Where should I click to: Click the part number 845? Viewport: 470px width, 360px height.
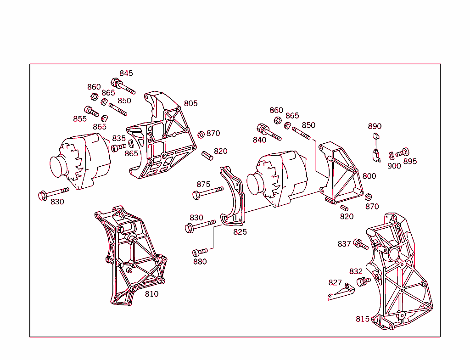point(126,73)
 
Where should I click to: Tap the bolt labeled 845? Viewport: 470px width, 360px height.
point(123,86)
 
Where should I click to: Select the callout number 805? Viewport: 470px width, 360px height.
point(190,103)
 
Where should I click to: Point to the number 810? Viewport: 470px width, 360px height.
point(151,294)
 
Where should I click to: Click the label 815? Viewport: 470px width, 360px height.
point(363,319)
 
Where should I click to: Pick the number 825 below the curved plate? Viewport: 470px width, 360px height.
point(240,232)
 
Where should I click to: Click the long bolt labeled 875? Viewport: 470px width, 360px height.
point(208,192)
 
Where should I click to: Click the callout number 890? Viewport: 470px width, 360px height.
point(375,126)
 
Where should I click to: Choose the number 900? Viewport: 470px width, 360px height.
point(394,166)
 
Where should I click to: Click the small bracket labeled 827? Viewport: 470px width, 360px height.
point(341,292)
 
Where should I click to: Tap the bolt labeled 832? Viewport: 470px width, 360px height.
point(364,281)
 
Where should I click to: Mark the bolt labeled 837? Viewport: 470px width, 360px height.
point(361,244)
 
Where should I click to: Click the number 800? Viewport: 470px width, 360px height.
point(369,176)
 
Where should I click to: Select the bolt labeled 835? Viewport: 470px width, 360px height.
point(119,147)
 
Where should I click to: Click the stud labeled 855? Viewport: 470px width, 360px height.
point(91,111)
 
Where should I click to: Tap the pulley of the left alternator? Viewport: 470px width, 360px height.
point(57,167)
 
